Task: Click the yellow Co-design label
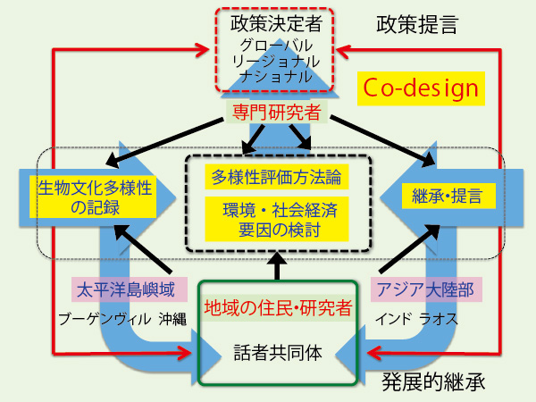coord(421,88)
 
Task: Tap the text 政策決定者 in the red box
coord(276,23)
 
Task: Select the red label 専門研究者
coord(277,113)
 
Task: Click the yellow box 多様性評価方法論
coord(277,177)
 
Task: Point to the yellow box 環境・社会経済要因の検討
coord(277,219)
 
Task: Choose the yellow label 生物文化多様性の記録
coord(93,197)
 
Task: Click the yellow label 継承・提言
coord(448,196)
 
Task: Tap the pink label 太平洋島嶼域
coord(130,289)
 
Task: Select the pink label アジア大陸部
coord(426,289)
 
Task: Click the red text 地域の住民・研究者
coord(278,307)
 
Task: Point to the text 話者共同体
coord(278,353)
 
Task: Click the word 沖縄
coord(172,319)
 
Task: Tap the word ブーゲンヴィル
coord(105,319)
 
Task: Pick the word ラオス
coord(439,319)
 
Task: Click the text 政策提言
coord(417,25)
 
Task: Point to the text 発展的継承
coord(433,381)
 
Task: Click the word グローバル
coord(276,46)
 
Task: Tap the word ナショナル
coord(276,76)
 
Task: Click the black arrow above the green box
coord(277,266)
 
